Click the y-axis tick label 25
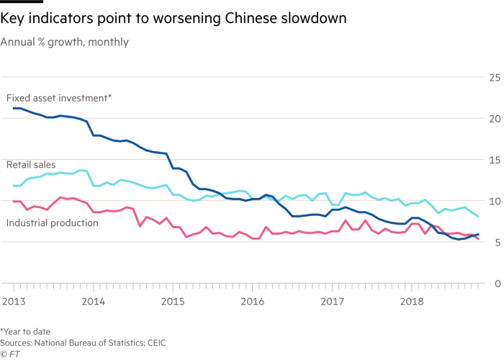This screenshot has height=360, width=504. tap(494, 77)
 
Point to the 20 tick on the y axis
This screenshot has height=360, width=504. tap(494, 119)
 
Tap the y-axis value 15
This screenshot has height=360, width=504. tap(494, 160)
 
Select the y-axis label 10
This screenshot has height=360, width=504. tap(494, 202)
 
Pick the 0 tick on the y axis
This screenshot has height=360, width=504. tap(496, 284)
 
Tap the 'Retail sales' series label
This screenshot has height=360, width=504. tap(30, 165)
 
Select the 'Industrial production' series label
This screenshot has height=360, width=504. tap(52, 223)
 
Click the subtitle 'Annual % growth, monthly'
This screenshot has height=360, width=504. tap(66, 42)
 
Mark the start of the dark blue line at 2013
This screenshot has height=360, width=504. tap(14, 107)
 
